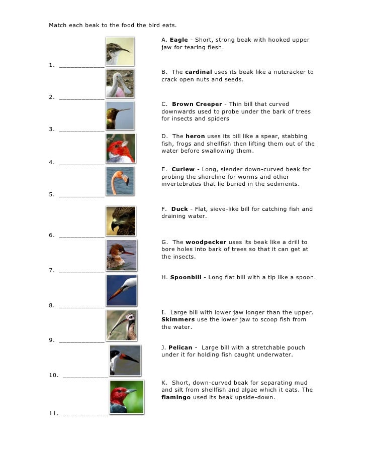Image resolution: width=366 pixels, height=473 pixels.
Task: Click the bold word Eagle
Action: click(179, 40)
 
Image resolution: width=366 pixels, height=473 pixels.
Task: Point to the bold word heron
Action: click(195, 136)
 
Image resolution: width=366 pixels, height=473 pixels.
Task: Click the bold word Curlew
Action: click(183, 169)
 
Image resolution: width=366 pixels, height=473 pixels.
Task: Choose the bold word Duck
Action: click(179, 209)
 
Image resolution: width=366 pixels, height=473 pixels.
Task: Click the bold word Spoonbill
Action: click(186, 277)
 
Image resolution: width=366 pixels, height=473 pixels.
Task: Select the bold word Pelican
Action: click(180, 347)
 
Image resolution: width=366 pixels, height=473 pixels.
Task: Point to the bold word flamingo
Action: click(177, 397)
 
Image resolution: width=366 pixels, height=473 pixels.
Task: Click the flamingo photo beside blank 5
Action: click(120, 181)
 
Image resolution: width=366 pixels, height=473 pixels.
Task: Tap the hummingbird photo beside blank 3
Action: click(120, 115)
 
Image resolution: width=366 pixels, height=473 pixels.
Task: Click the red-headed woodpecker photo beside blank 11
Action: click(126, 397)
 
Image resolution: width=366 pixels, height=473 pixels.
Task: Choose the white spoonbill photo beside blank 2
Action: click(120, 83)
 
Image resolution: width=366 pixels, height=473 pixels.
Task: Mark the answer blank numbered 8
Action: click(81, 305)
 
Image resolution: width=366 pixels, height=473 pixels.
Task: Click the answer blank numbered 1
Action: click(81, 65)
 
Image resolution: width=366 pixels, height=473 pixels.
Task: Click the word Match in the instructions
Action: click(58, 25)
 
